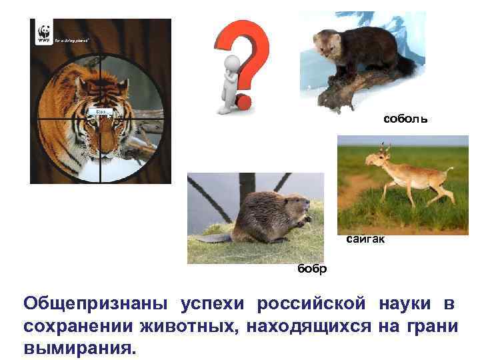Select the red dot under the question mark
point(244,103)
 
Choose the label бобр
point(312,269)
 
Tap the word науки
point(399,305)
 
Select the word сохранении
point(78,327)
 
